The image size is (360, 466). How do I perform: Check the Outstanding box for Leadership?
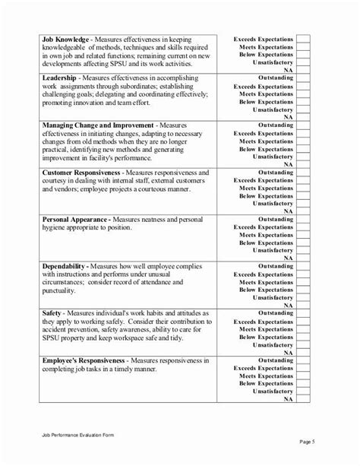click(x=303, y=78)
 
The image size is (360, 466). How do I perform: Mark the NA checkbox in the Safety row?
click(x=303, y=352)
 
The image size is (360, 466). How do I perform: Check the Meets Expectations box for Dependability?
click(x=303, y=282)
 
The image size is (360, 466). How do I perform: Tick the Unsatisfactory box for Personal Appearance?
click(x=303, y=250)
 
